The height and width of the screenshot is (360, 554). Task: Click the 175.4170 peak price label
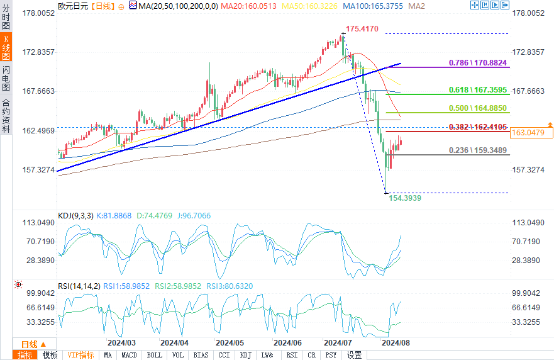click(362, 29)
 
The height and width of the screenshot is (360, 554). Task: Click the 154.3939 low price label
click(406, 198)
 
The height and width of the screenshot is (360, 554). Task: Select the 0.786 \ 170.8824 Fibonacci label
click(478, 63)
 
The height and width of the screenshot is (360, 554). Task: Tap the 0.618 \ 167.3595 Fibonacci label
click(478, 91)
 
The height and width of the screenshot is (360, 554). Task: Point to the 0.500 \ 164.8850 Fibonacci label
click(478, 108)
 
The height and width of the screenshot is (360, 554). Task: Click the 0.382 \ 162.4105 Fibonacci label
click(478, 127)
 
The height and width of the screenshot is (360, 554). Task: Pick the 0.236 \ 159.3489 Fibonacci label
click(478, 150)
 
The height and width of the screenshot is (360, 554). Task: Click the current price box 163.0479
click(531, 132)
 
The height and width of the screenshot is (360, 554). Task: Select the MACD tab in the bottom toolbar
click(129, 355)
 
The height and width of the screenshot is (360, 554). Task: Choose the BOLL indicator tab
click(154, 355)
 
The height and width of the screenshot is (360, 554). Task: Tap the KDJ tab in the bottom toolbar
click(245, 355)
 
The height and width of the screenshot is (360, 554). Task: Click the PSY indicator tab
click(331, 355)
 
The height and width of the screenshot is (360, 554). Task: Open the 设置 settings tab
click(354, 355)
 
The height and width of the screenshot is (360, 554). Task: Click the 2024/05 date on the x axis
click(230, 343)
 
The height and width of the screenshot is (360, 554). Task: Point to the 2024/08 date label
click(396, 343)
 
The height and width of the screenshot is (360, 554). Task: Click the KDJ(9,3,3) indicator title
click(75, 216)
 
